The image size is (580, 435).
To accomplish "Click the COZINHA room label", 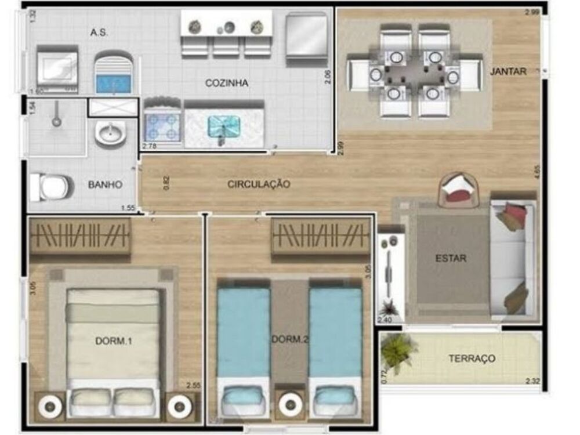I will tap(226, 83).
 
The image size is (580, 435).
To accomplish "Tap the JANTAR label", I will tap(508, 71).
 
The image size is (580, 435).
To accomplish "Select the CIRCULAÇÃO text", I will tap(258, 184).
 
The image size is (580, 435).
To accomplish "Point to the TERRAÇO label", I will tap(472, 358).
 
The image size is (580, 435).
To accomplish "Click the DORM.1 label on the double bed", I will tap(114, 341).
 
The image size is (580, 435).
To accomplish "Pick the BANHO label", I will tap(105, 185).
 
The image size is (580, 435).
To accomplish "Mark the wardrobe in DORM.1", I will tap(80, 235).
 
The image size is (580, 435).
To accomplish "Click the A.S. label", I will tap(99, 32).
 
